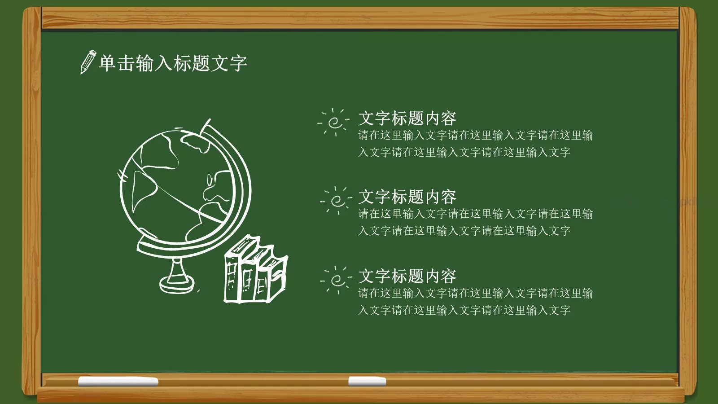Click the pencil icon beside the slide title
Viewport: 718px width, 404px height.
(88, 62)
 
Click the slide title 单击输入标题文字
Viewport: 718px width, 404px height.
(173, 63)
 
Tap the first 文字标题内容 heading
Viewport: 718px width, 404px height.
(407, 119)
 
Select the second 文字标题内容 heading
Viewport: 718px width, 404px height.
(407, 197)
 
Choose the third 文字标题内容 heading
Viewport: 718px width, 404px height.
(407, 276)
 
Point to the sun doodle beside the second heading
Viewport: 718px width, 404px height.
(337, 200)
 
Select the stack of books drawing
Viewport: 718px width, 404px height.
(255, 272)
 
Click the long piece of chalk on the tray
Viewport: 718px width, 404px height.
(118, 382)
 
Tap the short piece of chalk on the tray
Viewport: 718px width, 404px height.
(367, 382)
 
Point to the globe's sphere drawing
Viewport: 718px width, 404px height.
(177, 186)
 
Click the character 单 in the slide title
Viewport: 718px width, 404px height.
(107, 63)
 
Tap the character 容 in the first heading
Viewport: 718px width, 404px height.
(448, 119)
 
